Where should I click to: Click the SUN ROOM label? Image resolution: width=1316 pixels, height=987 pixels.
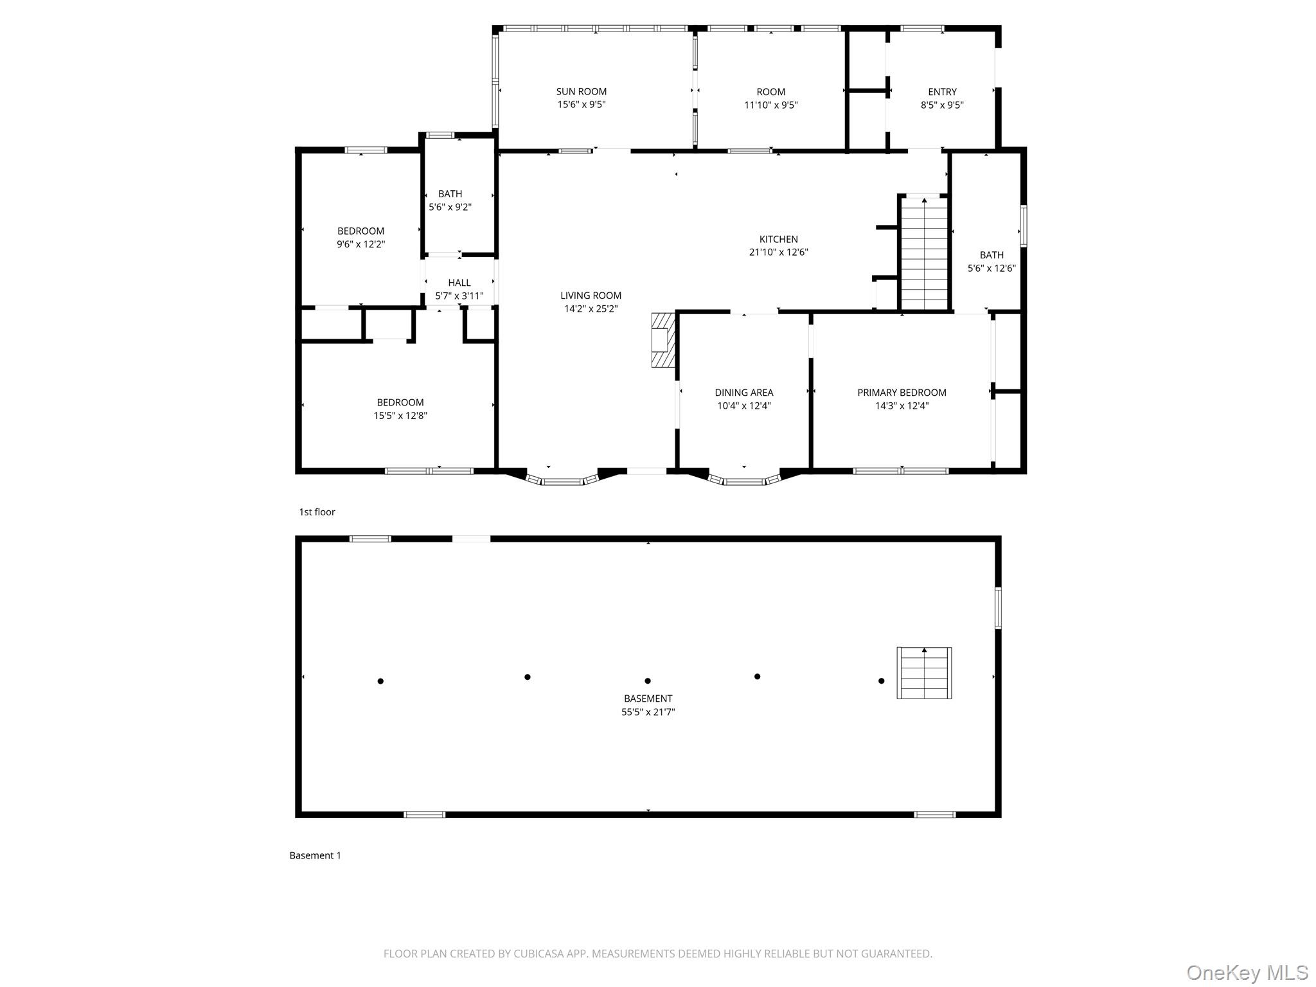point(581,92)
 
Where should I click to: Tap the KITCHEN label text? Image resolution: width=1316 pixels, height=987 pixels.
point(778,240)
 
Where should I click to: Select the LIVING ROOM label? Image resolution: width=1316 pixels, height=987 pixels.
point(591,296)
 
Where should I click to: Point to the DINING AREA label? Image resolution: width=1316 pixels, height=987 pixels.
point(743,393)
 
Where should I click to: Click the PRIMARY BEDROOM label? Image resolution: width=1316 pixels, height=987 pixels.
point(902,393)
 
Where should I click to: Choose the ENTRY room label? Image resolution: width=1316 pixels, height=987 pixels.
point(942,92)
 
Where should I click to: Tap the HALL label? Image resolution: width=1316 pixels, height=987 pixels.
point(459,283)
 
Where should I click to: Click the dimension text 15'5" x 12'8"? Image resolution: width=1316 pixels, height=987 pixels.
point(400,416)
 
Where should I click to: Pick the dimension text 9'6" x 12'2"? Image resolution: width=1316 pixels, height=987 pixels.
point(360,244)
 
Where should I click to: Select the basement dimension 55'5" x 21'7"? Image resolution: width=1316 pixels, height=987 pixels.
point(648,712)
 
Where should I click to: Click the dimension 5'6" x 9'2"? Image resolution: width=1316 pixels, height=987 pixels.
point(450,207)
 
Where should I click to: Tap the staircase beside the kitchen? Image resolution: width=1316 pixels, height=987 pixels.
point(924,254)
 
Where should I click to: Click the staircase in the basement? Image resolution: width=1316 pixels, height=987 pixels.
point(924,673)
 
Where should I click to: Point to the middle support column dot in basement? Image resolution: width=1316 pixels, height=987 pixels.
point(648,681)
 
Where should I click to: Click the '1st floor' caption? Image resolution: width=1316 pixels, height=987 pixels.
point(317,512)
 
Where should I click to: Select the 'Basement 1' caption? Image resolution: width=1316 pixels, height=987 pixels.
point(315,855)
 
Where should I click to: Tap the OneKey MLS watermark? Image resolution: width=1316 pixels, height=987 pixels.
point(1247,972)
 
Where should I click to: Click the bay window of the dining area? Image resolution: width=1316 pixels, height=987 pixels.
point(745,479)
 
